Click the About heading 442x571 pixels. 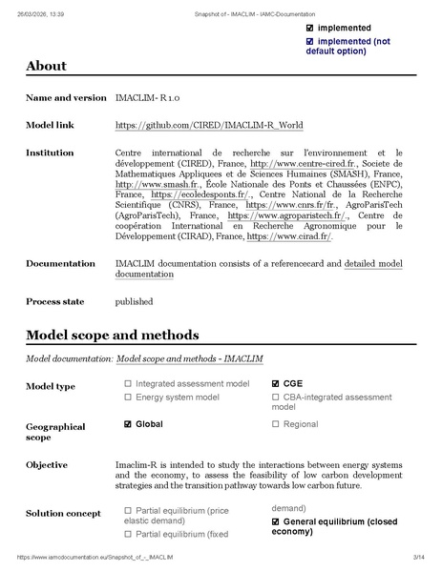point(46,66)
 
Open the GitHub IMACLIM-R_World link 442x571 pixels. point(188,125)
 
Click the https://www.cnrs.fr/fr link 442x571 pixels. point(290,204)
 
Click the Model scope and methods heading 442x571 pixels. point(113,336)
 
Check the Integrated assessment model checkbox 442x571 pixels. point(128,384)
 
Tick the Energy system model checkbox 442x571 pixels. point(128,397)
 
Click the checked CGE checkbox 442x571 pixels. point(276,384)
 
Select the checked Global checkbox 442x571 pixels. point(128,423)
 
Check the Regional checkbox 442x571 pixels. point(276,423)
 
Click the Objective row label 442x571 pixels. point(47,465)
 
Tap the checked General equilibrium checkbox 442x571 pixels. point(276,522)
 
